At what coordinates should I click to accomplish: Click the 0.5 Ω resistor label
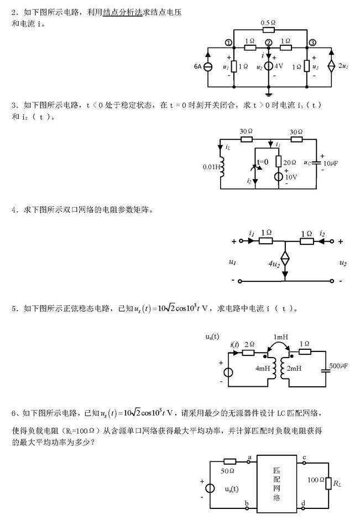[x=269, y=23]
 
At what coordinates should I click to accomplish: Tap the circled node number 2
[x=269, y=43]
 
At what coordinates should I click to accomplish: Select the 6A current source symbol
[x=208, y=67]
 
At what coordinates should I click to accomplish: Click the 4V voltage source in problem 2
[x=269, y=67]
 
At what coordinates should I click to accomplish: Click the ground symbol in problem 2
[x=269, y=94]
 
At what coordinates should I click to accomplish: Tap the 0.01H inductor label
[x=210, y=166]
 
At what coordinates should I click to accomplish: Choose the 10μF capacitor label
[x=331, y=164]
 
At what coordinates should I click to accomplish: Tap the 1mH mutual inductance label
[x=280, y=337]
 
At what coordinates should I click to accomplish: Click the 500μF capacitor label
[x=341, y=366]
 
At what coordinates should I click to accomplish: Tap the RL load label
[x=337, y=483]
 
